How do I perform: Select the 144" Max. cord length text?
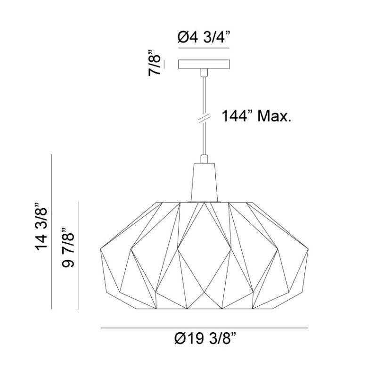[x=256, y=116]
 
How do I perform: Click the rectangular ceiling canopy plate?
[x=204, y=64]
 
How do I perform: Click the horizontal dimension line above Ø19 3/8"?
[x=204, y=328]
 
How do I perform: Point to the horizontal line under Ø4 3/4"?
[x=204, y=48]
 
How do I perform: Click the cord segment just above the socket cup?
[x=204, y=151]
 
